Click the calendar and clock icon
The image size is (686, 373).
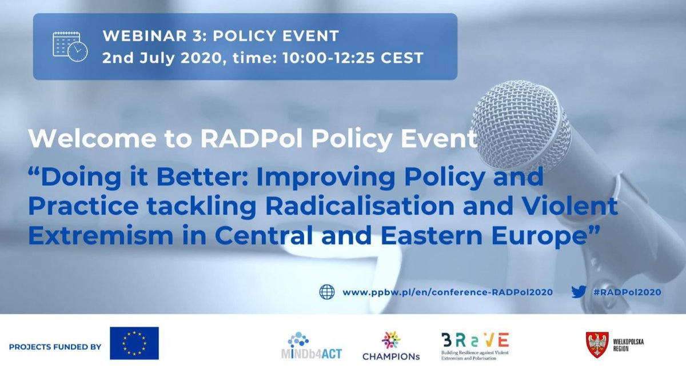click(x=70, y=46)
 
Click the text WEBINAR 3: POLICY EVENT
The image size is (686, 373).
click(x=221, y=36)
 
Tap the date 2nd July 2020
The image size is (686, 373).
click(x=158, y=58)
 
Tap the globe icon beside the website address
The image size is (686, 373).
click(x=327, y=292)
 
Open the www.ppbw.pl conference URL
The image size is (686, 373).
click(x=447, y=292)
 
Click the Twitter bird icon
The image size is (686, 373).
click(x=579, y=292)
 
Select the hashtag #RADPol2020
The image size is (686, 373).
click(x=627, y=292)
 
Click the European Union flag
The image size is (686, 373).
click(x=134, y=343)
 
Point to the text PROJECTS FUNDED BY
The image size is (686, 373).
click(x=55, y=347)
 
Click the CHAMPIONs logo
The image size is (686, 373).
click(x=391, y=346)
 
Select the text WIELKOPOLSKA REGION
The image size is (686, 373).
click(x=627, y=345)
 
